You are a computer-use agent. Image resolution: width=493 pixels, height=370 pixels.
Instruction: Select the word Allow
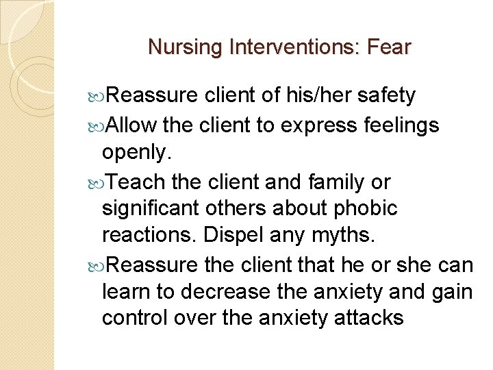click(132, 125)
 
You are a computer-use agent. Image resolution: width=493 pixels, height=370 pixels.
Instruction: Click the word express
click(325, 125)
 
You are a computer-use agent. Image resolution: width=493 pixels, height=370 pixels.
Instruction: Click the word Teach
click(137, 182)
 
